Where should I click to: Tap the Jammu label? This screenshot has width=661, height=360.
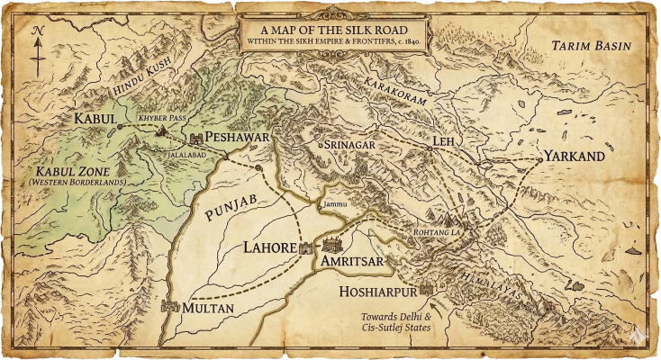pos(334,205)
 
